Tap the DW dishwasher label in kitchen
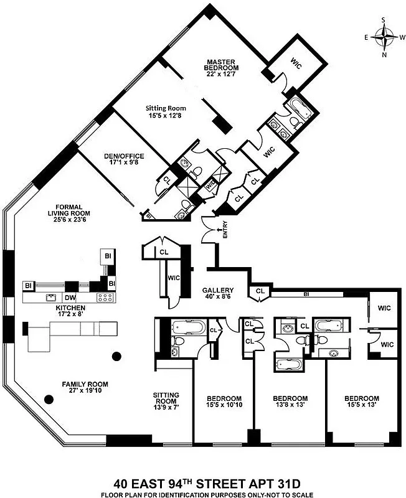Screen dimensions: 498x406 [x=70, y=297]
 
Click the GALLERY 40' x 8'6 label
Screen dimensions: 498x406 [x=217, y=294]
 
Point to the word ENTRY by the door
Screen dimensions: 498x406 [x=225, y=233]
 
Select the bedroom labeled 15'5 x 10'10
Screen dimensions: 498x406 [x=224, y=402]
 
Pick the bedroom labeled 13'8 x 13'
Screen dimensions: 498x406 [x=290, y=402]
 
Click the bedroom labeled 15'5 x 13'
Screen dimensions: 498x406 [x=361, y=402]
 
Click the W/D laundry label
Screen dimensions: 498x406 [x=210, y=184]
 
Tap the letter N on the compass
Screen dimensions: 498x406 [x=384, y=55]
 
